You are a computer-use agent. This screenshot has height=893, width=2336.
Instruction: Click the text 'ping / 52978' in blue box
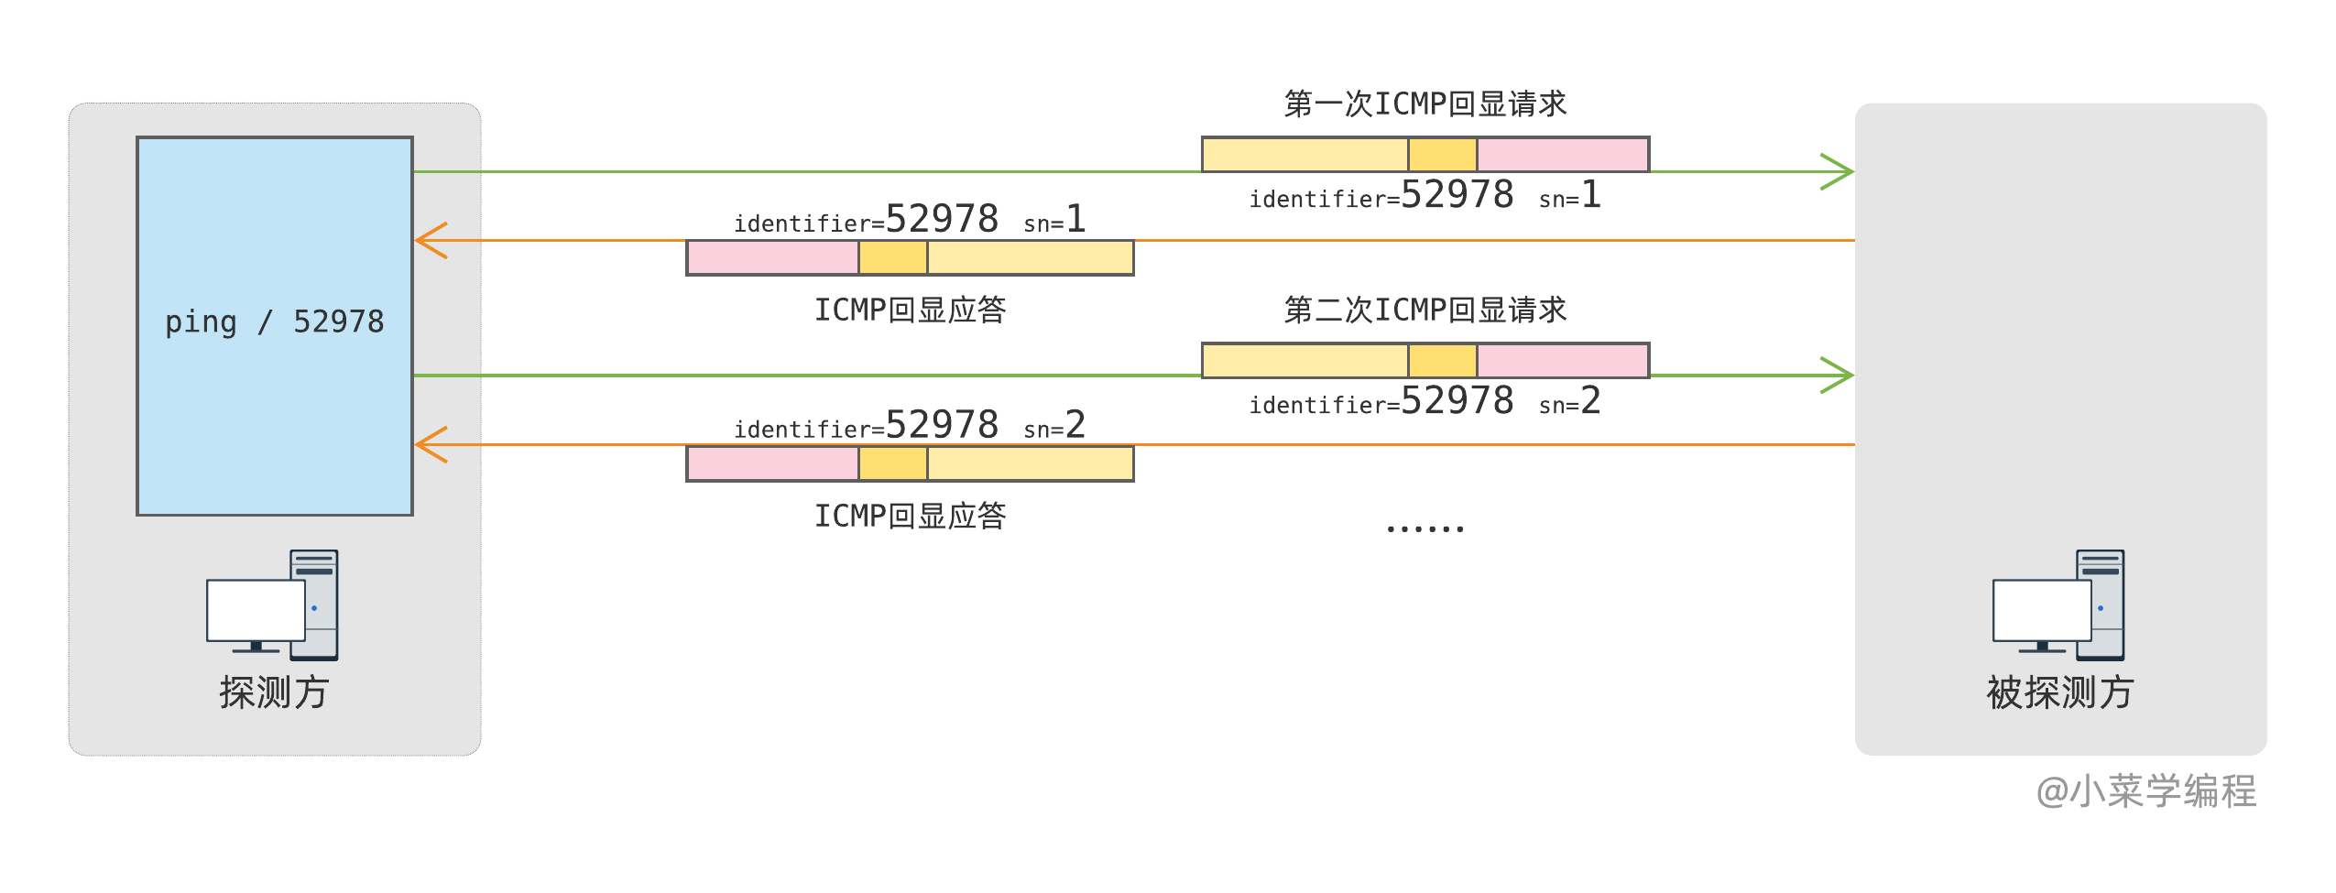[x=274, y=321]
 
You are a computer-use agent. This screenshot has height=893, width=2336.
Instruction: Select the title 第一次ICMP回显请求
[x=1425, y=103]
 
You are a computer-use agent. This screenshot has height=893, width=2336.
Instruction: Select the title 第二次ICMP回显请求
[x=1425, y=310]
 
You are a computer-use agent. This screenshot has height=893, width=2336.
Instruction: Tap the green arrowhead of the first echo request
[x=1838, y=171]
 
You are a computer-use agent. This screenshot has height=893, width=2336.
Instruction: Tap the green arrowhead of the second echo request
[x=1838, y=375]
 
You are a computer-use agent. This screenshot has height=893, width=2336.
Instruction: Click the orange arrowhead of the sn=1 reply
[x=431, y=240]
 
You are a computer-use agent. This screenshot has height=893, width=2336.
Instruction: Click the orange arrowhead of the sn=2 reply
[x=431, y=444]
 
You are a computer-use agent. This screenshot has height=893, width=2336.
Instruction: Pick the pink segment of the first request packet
[x=1562, y=155]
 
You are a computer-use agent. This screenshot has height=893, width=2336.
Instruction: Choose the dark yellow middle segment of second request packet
[x=1442, y=361]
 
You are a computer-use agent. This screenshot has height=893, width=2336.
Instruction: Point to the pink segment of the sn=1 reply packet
[x=772, y=258]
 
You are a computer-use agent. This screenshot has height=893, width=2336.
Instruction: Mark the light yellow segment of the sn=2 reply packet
[x=1030, y=464]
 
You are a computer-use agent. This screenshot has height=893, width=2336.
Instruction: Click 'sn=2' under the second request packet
[x=1569, y=401]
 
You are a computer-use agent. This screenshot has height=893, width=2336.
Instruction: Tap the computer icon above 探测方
[x=273, y=606]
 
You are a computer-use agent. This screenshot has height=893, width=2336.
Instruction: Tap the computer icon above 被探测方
[x=2058, y=606]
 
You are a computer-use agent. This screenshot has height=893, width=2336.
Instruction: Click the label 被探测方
[x=2059, y=692]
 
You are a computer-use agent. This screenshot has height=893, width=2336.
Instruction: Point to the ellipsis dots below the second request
[x=1425, y=528]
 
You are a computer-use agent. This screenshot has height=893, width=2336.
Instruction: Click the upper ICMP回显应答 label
[x=910, y=310]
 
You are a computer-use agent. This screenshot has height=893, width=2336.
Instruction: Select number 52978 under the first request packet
[x=1457, y=195]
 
